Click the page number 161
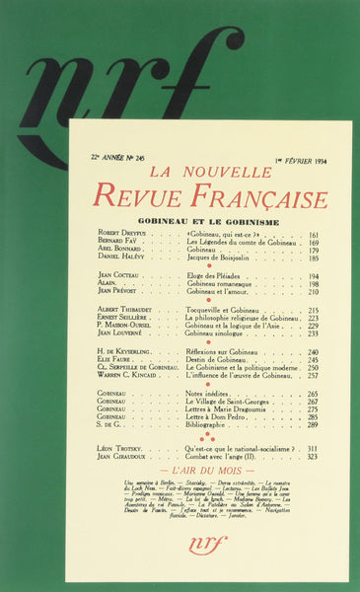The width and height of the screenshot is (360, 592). coord(314,236)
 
